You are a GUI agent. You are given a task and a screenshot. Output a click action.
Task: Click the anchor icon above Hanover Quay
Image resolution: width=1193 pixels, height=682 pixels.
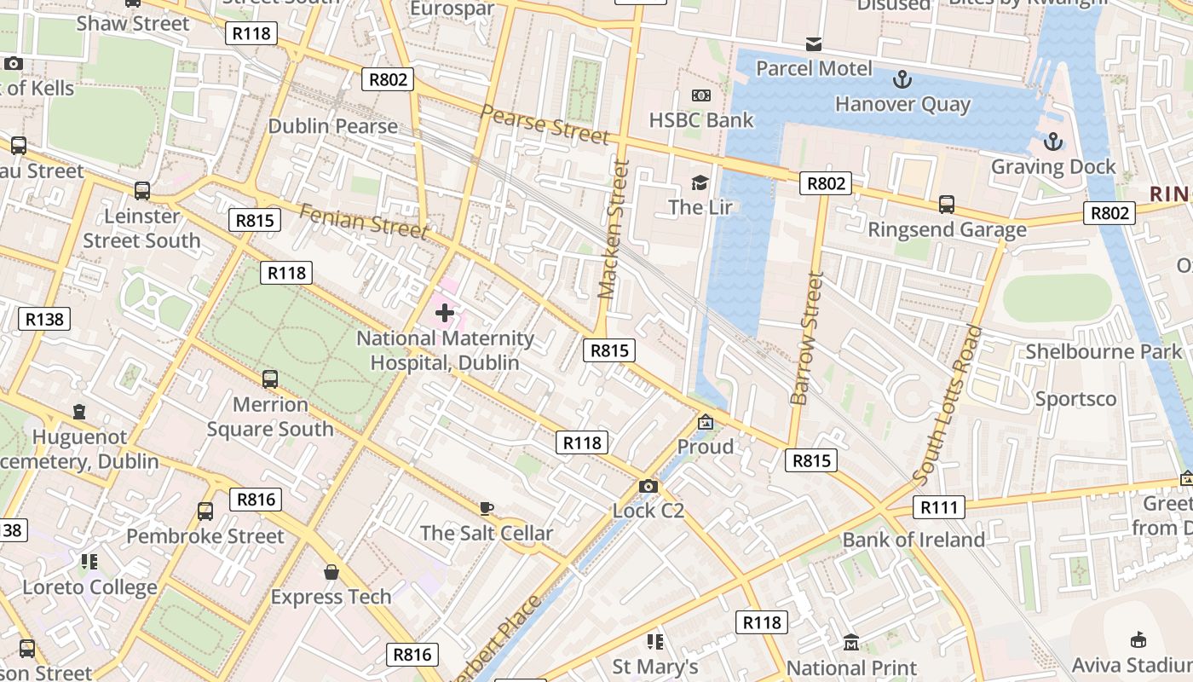click(902, 80)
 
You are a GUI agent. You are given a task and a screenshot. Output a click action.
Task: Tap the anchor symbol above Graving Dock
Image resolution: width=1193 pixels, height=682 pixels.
click(1053, 142)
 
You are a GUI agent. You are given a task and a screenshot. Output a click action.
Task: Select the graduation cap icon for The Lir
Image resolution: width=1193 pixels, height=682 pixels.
click(700, 182)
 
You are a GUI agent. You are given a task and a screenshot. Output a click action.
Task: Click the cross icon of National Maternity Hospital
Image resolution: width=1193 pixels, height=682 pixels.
click(444, 313)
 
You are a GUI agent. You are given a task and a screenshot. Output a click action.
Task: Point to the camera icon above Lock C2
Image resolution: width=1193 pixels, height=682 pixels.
click(648, 486)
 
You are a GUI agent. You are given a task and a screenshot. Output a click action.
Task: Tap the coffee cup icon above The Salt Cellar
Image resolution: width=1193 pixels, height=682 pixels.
click(486, 509)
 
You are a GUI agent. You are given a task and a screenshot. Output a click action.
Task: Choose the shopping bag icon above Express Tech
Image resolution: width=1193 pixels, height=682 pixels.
click(331, 572)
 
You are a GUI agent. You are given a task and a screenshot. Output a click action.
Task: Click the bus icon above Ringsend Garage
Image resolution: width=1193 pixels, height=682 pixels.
click(946, 205)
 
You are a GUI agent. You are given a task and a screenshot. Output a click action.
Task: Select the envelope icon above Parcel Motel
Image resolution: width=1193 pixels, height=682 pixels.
click(814, 44)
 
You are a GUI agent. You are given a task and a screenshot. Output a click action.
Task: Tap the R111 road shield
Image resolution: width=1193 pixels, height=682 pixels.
click(939, 508)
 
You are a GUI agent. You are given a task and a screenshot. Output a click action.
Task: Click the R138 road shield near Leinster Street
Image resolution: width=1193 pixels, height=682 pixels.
click(43, 320)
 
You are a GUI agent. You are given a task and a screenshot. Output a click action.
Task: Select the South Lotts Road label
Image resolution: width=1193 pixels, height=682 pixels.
click(948, 405)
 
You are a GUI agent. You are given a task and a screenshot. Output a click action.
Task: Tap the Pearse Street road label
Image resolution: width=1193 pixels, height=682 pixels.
click(545, 124)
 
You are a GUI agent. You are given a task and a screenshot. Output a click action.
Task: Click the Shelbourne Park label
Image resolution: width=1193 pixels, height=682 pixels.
click(1104, 351)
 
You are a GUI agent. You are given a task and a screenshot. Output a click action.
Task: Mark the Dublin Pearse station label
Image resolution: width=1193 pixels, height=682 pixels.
click(332, 126)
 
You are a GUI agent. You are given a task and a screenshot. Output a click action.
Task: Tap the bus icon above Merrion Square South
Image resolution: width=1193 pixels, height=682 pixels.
click(270, 379)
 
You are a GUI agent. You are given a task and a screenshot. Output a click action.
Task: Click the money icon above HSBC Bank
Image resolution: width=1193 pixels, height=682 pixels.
click(700, 95)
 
